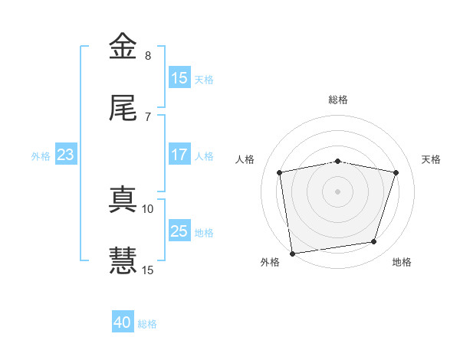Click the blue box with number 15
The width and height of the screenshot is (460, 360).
pos(179,78)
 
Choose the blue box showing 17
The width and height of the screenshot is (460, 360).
pos(179,155)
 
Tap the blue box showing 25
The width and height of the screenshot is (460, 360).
pos(179,231)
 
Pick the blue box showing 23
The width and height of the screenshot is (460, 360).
pos(66,155)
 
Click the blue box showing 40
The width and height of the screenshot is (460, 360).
pos(123,322)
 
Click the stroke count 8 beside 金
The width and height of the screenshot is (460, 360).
pos(148,56)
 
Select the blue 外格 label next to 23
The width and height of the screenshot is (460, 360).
pos(41,155)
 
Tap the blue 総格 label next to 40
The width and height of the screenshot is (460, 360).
pos(147,324)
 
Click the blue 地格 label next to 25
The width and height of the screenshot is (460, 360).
pos(204,232)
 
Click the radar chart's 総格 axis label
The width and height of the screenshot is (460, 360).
pos(338,100)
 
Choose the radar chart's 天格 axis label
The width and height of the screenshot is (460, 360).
pos(432,159)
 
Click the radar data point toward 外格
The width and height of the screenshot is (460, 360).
pos(292,252)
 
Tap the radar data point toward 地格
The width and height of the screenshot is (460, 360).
pos(374,242)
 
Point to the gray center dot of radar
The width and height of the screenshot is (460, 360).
pos(338,191)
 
